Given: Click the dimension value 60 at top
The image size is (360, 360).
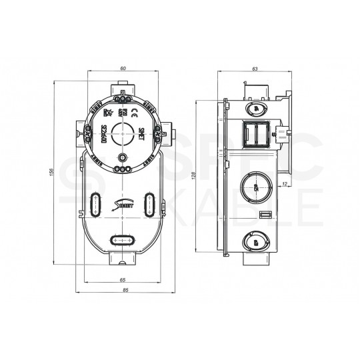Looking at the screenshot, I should point(122,69).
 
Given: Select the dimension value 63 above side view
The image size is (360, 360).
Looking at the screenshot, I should point(255,69).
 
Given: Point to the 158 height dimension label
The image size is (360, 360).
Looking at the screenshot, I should point(53,173).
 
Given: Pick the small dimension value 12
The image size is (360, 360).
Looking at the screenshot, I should point(285,183).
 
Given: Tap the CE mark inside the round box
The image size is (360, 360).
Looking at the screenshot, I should point(133,112).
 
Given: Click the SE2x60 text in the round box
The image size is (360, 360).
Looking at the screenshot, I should point(105,133).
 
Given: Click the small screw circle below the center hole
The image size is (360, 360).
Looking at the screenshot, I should point(122,157).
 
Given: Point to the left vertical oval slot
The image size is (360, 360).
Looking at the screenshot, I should point(95,203).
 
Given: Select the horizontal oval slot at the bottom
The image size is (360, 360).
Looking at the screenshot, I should point(122,239).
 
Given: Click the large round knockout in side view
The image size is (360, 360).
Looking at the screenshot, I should point(254,186).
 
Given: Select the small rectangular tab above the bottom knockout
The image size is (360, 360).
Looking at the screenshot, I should point(265,215).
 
